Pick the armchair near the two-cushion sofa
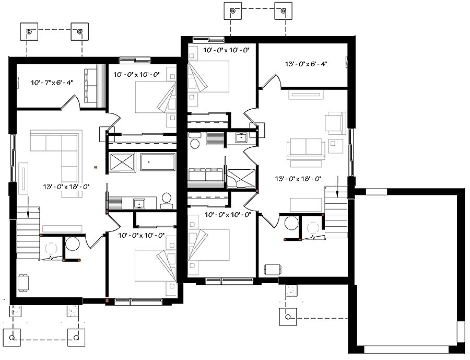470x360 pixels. [335, 122]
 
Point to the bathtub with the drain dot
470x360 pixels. [157, 162]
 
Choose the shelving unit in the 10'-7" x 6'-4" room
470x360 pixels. [93, 85]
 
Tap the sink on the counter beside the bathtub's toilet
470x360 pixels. [139, 203]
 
